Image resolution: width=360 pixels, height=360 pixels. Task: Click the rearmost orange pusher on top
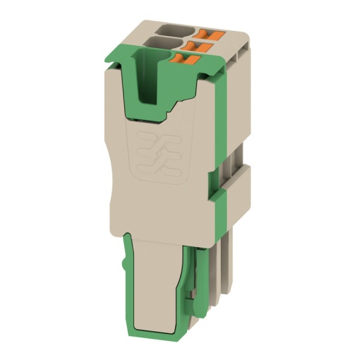pos(213,32)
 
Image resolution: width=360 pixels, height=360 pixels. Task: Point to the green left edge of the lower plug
pos(129,296)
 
